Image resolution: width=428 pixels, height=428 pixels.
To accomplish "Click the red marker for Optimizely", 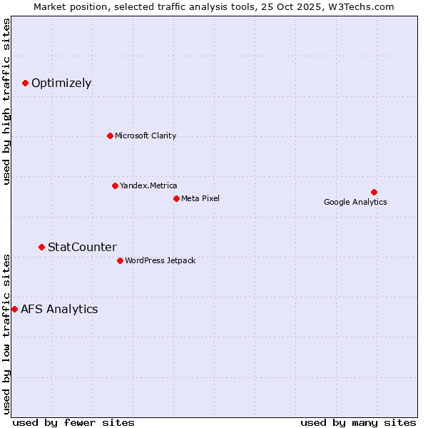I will (x=25, y=83).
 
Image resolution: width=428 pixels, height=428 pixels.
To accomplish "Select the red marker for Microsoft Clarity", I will (x=110, y=136).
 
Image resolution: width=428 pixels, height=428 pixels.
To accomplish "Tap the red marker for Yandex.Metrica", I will (x=115, y=185).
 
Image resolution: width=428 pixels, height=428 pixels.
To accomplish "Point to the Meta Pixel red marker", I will (x=176, y=198).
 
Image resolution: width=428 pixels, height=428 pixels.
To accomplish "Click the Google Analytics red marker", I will (x=374, y=192).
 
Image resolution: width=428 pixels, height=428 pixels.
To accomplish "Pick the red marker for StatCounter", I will (x=41, y=247).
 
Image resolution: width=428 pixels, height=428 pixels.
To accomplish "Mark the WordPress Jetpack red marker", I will (x=120, y=260).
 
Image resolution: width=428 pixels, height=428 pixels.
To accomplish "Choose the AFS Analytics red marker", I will (x=14, y=309).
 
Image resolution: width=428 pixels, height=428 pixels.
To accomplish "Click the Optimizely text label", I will (x=61, y=83).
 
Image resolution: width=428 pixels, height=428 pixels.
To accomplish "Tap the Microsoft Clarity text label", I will (x=146, y=136).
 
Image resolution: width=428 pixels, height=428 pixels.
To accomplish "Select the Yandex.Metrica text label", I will (x=148, y=185).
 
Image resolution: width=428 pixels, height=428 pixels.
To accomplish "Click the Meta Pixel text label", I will (x=200, y=198).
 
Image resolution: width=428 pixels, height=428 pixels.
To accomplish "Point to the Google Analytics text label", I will (x=355, y=202).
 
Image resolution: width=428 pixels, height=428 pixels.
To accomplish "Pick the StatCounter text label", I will (x=82, y=247).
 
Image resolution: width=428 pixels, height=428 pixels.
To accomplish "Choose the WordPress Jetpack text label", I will (x=160, y=260).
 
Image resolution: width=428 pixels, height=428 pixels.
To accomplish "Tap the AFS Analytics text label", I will (x=59, y=309).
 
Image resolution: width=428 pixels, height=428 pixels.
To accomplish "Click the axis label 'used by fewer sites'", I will (x=73, y=422).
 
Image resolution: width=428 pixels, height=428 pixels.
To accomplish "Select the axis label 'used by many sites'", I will (x=358, y=422).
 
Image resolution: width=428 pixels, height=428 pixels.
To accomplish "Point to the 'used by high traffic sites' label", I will (x=7, y=101).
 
